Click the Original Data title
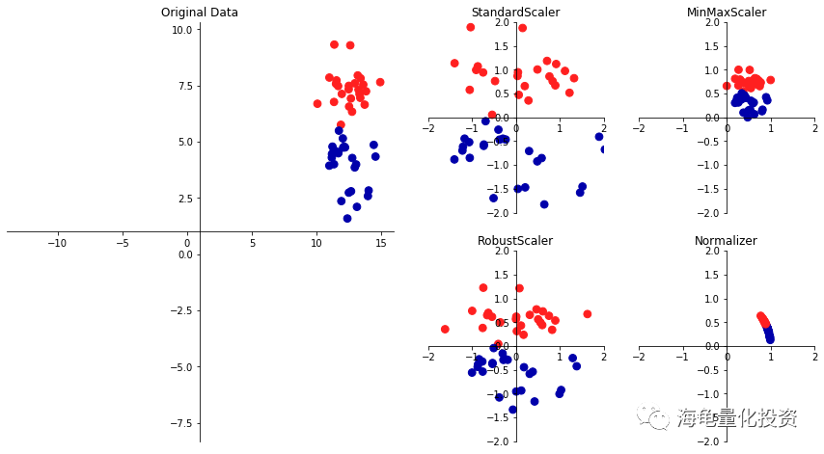[199, 13]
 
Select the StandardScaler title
[515, 13]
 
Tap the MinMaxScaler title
[727, 13]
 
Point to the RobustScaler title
[515, 240]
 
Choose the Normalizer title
[726, 240]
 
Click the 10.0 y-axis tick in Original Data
[181, 30]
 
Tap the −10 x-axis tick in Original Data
[57, 243]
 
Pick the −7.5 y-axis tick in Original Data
[181, 423]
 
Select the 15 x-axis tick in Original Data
[381, 243]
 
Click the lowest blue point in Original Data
[346, 219]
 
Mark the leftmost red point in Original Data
[316, 104]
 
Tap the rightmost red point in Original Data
[380, 82]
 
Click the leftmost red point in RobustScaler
[445, 329]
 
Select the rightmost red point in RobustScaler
[587, 314]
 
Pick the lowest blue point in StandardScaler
[544, 204]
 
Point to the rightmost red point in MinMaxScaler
[770, 80]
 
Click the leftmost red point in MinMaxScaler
[727, 86]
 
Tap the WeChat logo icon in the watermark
[653, 417]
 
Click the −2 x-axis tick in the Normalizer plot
[639, 357]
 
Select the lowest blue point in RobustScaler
[512, 410]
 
